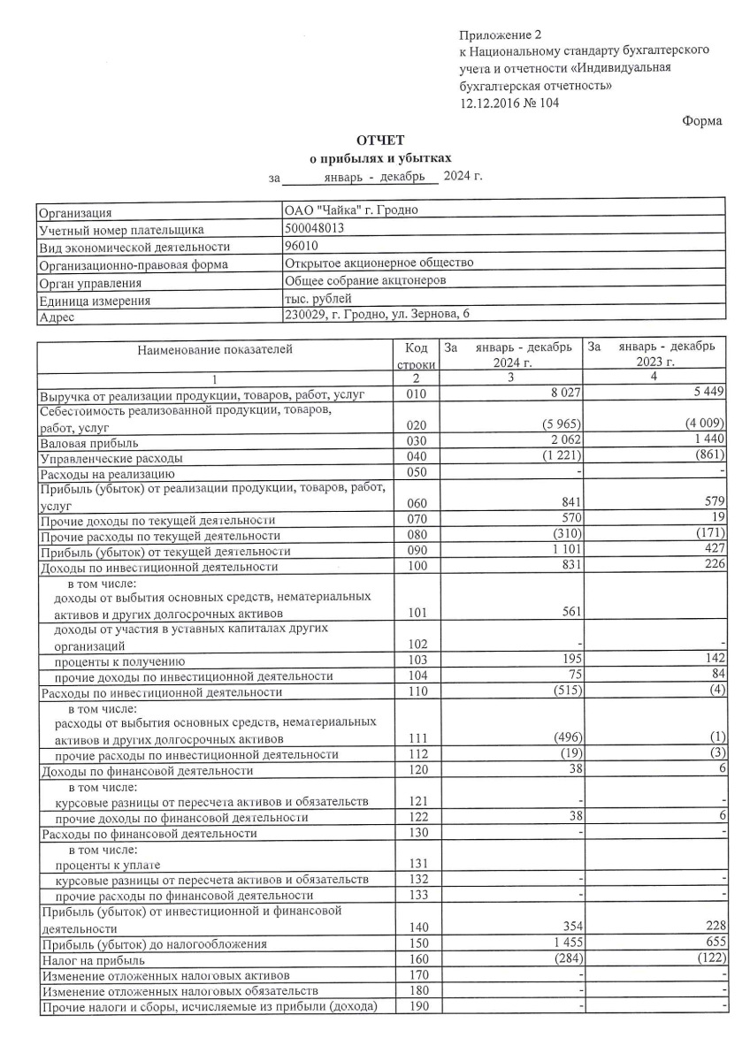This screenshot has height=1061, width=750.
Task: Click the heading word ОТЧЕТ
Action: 379,141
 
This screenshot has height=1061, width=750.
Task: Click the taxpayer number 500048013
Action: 314,228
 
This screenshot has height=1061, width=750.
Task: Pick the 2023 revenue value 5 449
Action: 706,392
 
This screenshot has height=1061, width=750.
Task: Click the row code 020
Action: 416,425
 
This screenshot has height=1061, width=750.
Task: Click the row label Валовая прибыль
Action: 88,442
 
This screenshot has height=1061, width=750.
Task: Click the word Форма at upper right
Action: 702,121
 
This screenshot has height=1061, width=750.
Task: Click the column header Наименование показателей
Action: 214,349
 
